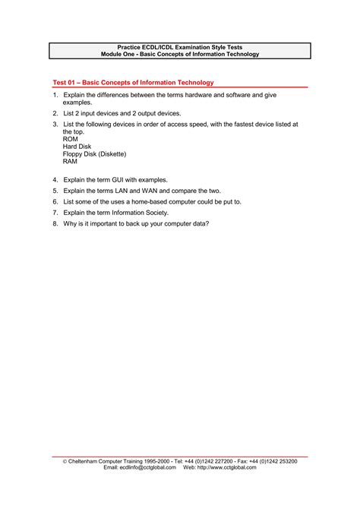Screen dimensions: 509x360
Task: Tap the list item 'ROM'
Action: [x=71, y=139]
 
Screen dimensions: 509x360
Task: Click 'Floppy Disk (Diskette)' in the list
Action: [x=94, y=154]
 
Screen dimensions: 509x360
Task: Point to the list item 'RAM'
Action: [x=71, y=162]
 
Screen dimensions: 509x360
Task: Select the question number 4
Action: [x=55, y=180]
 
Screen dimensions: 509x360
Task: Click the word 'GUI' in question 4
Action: [x=121, y=180]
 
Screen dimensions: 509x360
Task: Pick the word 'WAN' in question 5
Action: [x=155, y=191]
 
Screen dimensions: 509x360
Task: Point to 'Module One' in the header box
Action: [x=118, y=54]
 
